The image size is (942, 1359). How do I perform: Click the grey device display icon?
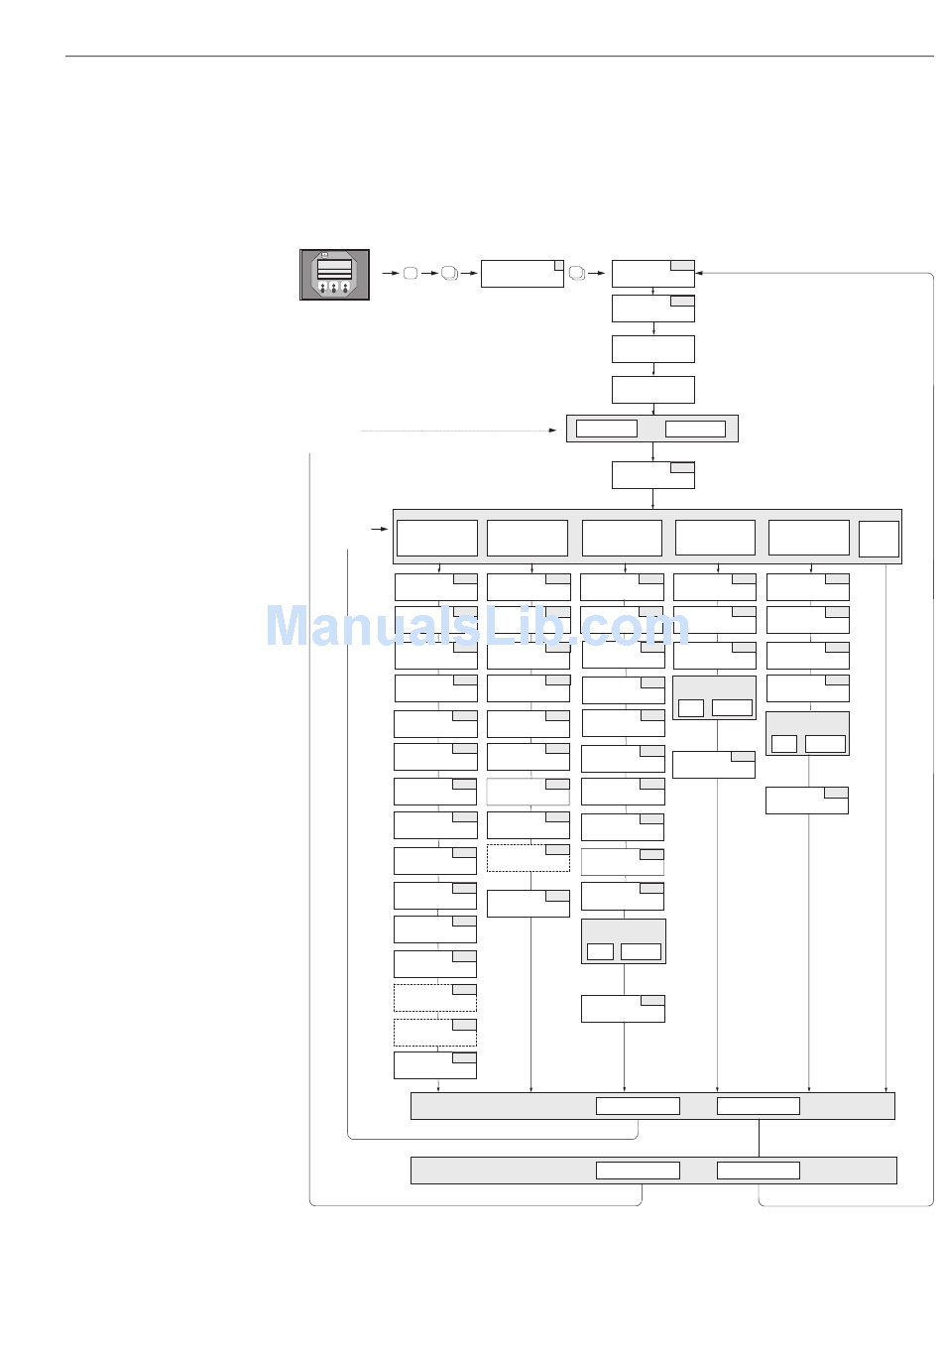point(334,275)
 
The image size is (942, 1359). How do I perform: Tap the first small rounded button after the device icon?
point(410,273)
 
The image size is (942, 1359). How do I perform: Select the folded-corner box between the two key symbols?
point(522,274)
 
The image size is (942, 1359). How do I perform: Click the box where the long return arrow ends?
point(652,273)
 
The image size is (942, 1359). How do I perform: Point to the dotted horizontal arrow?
point(456,431)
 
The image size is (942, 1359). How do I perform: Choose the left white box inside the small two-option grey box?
point(606,429)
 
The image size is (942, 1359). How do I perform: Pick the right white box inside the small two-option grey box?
point(694,429)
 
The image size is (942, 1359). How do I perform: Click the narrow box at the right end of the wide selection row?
point(879,539)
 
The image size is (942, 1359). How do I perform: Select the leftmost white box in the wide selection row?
point(436,538)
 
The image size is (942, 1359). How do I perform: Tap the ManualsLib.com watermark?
point(477,627)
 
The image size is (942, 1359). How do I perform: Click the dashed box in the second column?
point(528,858)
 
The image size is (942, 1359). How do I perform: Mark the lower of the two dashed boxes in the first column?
point(434,1032)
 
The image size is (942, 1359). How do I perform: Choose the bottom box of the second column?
point(528,903)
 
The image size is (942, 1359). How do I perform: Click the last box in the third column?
point(622,1008)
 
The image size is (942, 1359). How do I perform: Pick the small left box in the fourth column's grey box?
point(691,707)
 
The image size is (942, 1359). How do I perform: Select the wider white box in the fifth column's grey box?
point(825,743)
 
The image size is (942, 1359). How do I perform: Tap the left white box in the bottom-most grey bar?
point(638,1171)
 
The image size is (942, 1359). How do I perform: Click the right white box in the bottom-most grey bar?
point(758,1171)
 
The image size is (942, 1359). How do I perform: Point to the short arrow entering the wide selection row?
point(379,530)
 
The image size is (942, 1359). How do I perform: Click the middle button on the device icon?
point(334,288)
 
